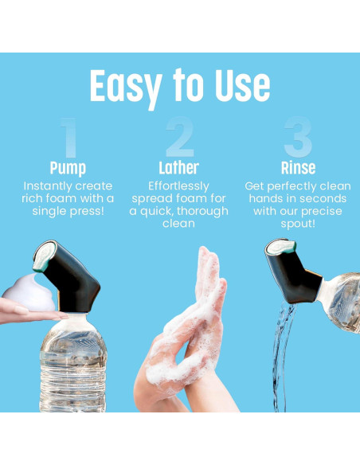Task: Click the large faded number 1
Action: (68, 139)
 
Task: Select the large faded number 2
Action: (179, 139)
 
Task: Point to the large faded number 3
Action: (296, 139)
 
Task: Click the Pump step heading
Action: (68, 168)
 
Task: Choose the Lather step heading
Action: (179, 168)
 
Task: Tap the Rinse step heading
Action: (298, 168)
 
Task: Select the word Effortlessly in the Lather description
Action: (179, 185)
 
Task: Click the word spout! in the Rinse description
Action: (298, 225)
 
